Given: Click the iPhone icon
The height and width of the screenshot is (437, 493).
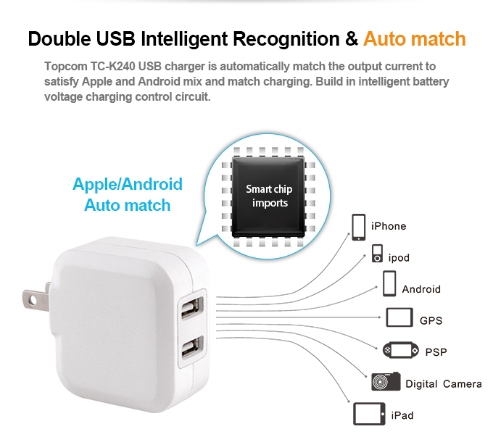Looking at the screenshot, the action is [x=358, y=227].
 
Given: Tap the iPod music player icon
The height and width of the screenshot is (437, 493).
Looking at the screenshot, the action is [x=377, y=254].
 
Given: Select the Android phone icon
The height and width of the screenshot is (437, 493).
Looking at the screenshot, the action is [x=389, y=283].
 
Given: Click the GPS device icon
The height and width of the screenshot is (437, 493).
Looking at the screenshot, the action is [x=399, y=317].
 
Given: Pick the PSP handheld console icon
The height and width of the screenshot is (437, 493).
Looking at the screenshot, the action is [x=400, y=350].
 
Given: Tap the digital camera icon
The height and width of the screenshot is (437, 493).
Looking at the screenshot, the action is [x=386, y=381].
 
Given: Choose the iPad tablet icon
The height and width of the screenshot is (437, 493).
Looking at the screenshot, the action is [x=369, y=414].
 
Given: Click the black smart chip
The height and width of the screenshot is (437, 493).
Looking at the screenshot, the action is [x=268, y=196].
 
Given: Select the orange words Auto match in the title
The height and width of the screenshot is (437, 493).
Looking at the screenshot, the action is [x=415, y=39].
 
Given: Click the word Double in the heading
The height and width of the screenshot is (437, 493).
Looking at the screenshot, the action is [x=59, y=39].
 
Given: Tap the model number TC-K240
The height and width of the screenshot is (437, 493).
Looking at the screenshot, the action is [x=112, y=67].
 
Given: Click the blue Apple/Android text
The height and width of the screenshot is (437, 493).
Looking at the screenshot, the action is [x=128, y=184].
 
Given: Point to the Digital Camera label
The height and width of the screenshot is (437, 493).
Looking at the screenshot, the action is [x=443, y=384].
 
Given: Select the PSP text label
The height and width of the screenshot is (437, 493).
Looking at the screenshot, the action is [x=436, y=351].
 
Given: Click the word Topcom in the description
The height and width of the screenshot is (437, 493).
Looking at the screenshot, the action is [x=66, y=67].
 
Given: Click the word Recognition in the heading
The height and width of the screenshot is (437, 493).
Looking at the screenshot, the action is [x=286, y=40].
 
